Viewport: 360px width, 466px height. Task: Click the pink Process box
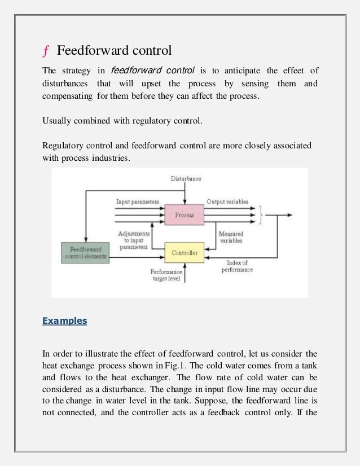[x=184, y=215]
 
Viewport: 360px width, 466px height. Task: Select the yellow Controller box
[x=183, y=253]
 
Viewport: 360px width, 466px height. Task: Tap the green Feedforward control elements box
[x=85, y=252]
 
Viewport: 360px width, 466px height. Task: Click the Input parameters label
[x=138, y=201]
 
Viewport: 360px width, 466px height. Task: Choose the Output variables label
[x=227, y=201]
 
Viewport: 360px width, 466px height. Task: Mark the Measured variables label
[x=231, y=237]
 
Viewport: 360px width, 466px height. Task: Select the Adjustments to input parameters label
[x=134, y=239]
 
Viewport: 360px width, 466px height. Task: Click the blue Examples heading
[x=65, y=321]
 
